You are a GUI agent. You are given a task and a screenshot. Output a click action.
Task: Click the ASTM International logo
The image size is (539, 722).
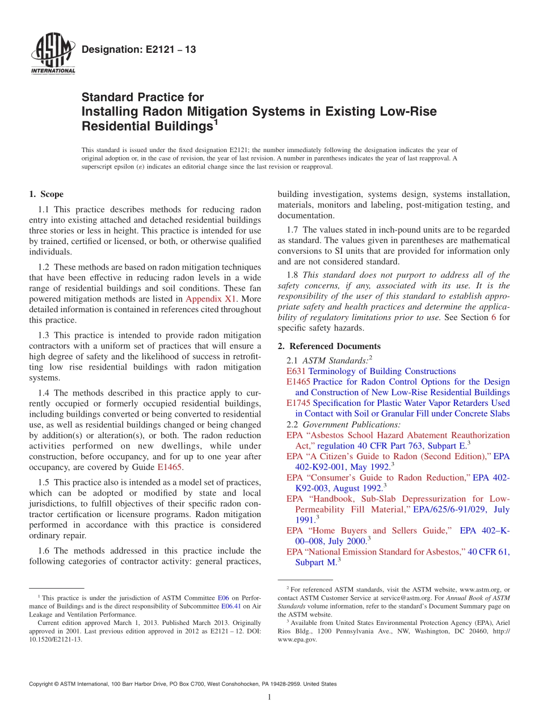coord(52,54)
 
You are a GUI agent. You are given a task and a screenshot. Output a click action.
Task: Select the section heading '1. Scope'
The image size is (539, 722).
coord(46,194)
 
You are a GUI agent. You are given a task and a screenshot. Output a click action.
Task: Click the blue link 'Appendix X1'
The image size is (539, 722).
coord(207,299)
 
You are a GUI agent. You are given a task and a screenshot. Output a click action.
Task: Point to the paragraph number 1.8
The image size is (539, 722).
coord(293,275)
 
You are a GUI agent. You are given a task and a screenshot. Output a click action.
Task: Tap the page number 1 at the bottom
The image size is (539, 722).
coord(269,698)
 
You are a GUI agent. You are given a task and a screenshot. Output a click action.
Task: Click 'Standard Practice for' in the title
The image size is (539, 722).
coord(142,98)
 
